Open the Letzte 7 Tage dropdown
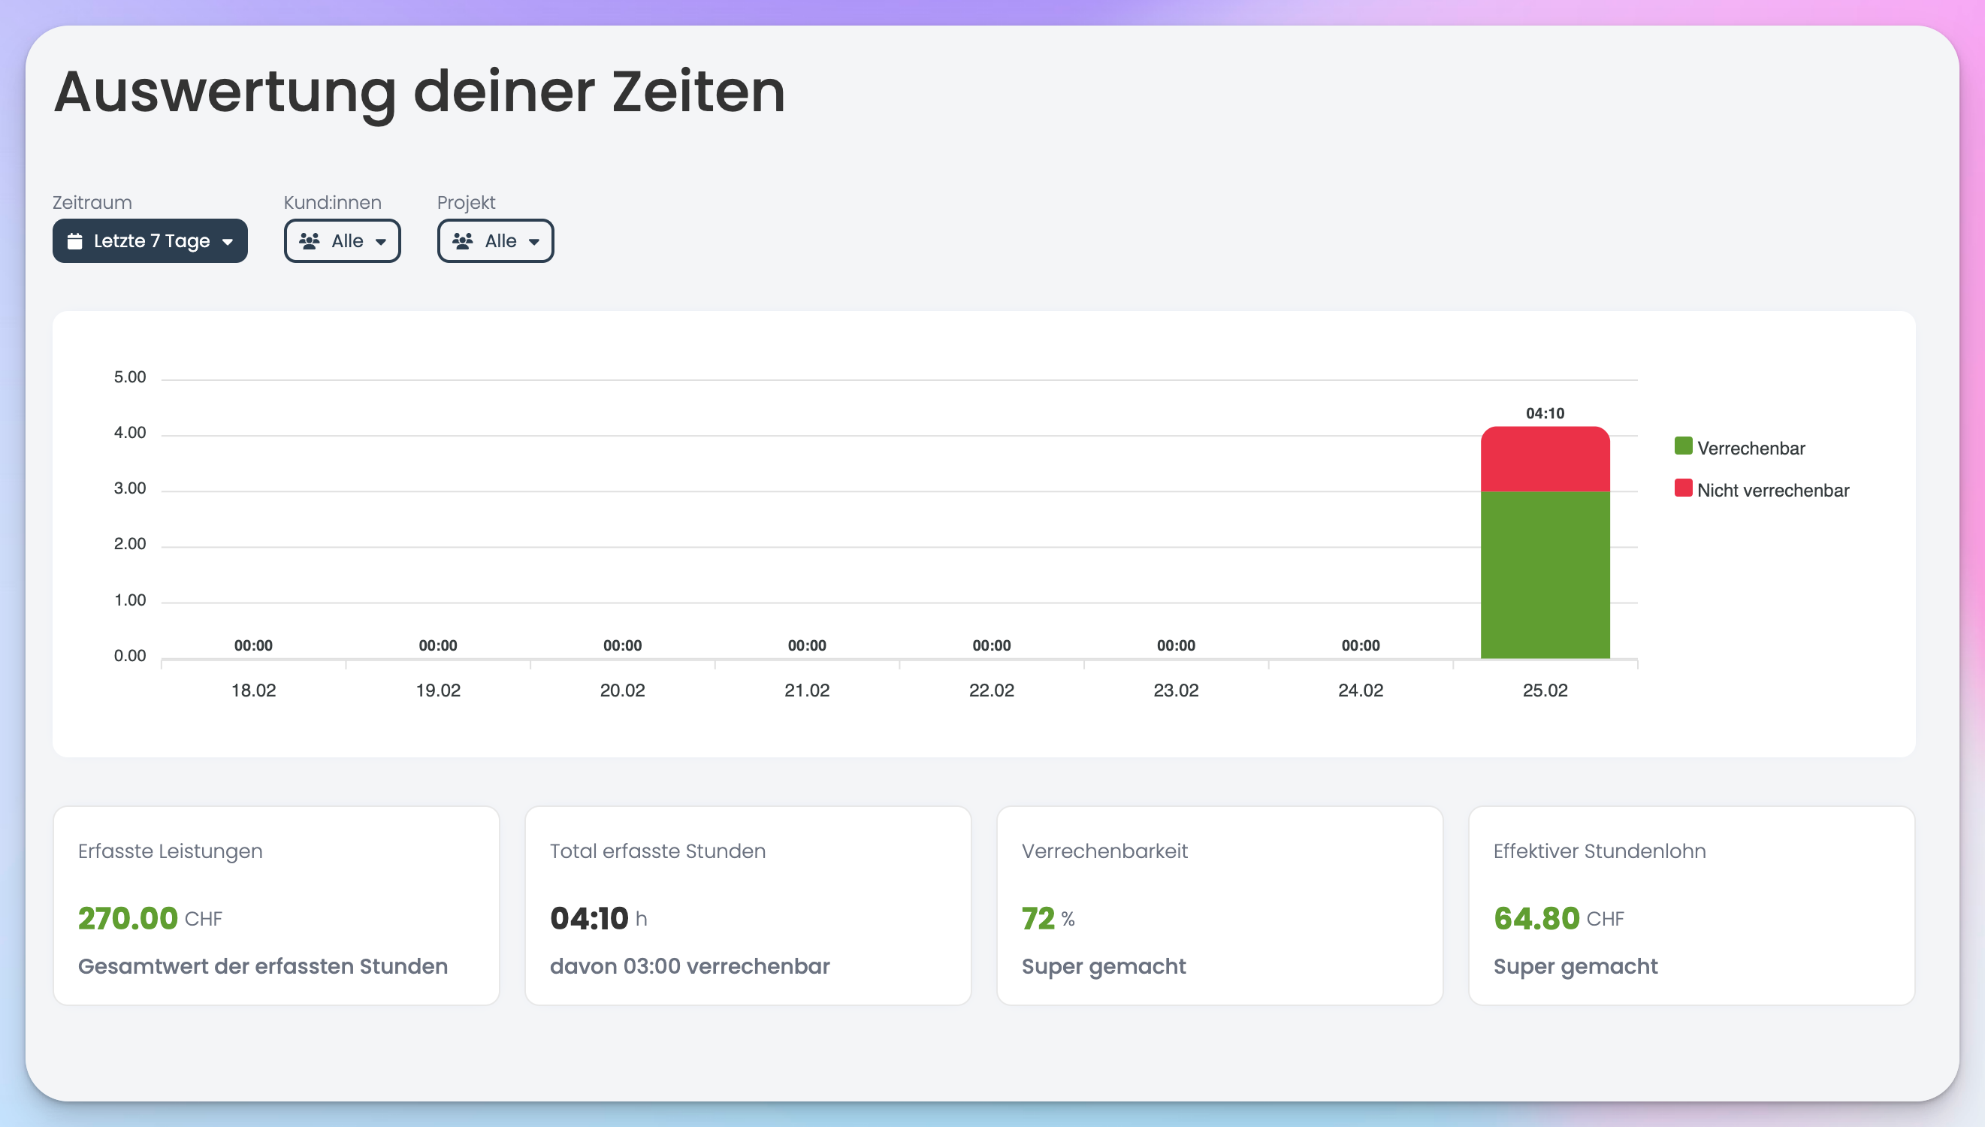click(x=150, y=240)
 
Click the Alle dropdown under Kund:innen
click(x=342, y=240)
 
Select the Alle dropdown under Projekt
click(x=495, y=240)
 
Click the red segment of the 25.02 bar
click(x=1545, y=459)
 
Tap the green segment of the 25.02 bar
click(x=1545, y=575)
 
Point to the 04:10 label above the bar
click(x=1545, y=413)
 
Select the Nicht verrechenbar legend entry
click(x=1761, y=489)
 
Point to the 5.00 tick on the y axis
click(x=130, y=377)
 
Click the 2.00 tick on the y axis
click(x=130, y=544)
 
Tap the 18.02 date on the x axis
click(x=254, y=690)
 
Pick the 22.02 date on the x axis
click(x=991, y=690)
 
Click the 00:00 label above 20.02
click(x=622, y=645)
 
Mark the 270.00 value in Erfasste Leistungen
click(x=128, y=919)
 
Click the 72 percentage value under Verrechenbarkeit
click(x=1038, y=919)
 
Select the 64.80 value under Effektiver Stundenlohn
click(x=1536, y=919)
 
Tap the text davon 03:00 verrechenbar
click(x=690, y=966)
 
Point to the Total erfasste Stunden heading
click(x=658, y=851)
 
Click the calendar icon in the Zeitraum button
click(x=74, y=240)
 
